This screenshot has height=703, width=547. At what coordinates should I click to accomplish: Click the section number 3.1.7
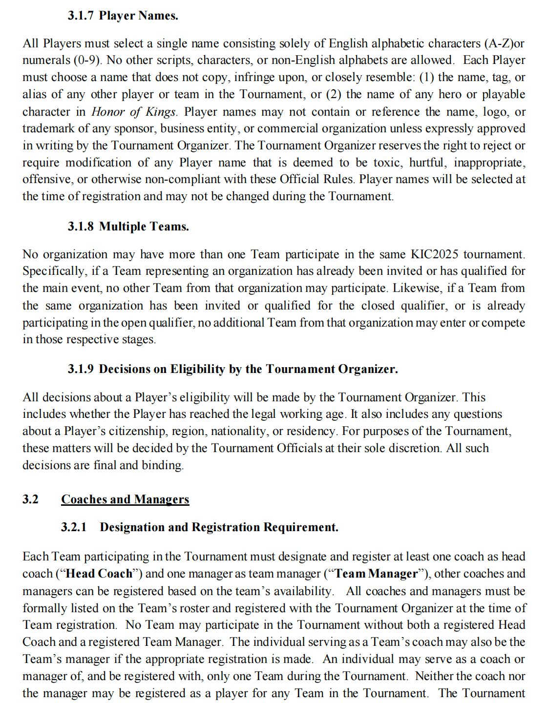(x=81, y=16)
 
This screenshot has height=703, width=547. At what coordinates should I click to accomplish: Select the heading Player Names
(x=138, y=16)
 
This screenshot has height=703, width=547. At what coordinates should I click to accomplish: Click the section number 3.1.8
(x=81, y=227)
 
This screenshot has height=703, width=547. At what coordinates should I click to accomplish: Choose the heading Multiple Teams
(x=144, y=227)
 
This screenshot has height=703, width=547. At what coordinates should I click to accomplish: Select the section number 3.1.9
(x=81, y=369)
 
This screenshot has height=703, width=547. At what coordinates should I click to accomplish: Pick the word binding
(x=162, y=465)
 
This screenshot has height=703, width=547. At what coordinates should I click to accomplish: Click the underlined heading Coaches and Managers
(x=125, y=499)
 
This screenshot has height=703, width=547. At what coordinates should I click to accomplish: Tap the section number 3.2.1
(x=74, y=527)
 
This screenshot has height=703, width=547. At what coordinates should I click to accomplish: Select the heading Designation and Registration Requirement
(x=219, y=527)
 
